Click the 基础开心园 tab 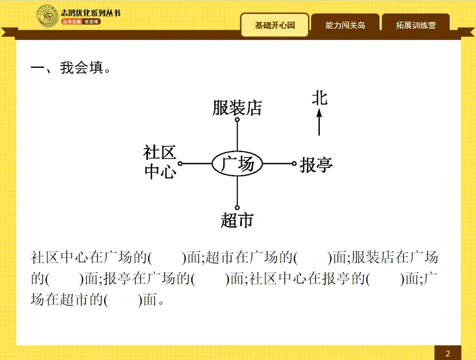(274, 25)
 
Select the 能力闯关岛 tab (345, 25)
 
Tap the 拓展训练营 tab (415, 25)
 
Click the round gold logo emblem (47, 16)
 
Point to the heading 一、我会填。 (71, 68)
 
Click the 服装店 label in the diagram (237, 108)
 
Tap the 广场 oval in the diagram (237, 164)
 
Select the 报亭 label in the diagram (316, 165)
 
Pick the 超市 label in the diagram (237, 220)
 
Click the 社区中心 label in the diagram (160, 162)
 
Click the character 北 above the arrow (319, 98)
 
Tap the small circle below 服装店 (237, 119)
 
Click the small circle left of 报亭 (294, 164)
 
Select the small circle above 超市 (237, 207)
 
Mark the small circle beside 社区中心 (180, 164)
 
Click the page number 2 (447, 353)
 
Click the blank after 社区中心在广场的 (167, 258)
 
